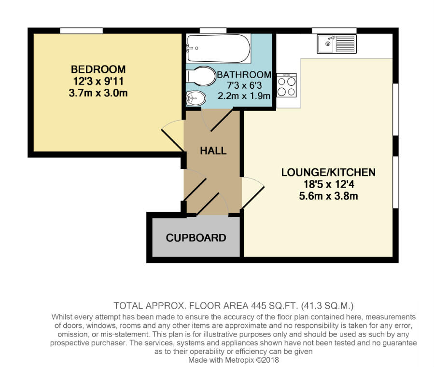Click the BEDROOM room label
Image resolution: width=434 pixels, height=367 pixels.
coord(98,69)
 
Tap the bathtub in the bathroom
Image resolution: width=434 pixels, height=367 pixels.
coord(218,48)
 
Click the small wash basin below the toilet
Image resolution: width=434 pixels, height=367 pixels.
coord(196,98)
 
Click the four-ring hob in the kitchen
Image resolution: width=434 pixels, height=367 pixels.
coord(286,86)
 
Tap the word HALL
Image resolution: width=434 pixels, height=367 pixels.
coord(213,151)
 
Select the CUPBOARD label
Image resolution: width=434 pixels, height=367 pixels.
coord(196,238)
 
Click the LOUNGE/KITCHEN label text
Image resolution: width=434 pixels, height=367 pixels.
coord(328,172)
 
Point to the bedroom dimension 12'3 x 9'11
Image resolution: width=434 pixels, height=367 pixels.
coord(98,81)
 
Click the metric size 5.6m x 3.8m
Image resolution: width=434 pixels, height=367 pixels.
coord(328,196)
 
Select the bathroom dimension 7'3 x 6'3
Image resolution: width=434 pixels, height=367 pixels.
coord(244,85)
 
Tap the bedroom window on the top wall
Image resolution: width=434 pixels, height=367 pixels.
coord(81,31)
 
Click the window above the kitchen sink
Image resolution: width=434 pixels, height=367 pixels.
coord(334,31)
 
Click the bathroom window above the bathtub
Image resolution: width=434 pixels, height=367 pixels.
coord(213,31)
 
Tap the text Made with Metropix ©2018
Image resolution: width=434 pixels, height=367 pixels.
coord(234,360)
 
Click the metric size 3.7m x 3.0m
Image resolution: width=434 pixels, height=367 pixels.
coord(98,93)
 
